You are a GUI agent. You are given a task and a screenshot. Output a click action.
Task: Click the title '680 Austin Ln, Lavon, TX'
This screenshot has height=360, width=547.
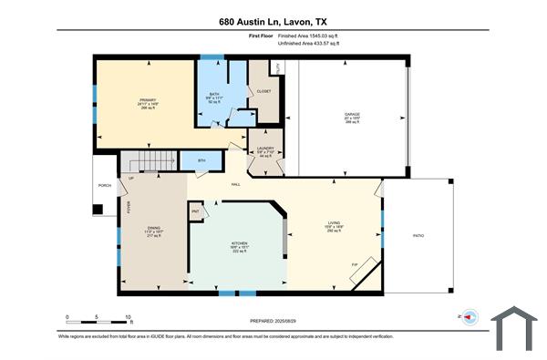pos(273,19)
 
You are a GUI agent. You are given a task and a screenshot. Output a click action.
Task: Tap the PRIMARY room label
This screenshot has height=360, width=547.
pos(149,99)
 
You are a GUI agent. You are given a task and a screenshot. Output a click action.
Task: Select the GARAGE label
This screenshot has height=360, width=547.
pos(351,114)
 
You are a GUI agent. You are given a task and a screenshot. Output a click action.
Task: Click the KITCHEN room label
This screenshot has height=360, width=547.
pos(239,244)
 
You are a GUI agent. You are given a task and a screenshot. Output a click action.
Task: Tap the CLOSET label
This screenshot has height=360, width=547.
pos(264,91)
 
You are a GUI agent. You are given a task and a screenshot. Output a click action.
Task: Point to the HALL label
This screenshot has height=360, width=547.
pos(235,185)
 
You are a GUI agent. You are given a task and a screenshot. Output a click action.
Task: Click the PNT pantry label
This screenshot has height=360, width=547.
pos(195,211)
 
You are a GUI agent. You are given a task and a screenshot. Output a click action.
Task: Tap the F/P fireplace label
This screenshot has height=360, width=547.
pos(355,265)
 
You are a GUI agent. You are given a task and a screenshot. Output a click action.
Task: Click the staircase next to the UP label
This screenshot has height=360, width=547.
pos(148,162)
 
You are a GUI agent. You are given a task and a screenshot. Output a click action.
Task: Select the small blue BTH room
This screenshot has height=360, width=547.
pos(201,160)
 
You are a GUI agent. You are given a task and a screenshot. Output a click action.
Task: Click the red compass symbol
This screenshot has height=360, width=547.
pos(470,317)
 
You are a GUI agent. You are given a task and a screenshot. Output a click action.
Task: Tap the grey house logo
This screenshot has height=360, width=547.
pos(516,328)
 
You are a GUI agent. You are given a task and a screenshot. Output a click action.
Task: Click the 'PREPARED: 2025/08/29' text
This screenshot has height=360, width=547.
pos(273,321)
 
